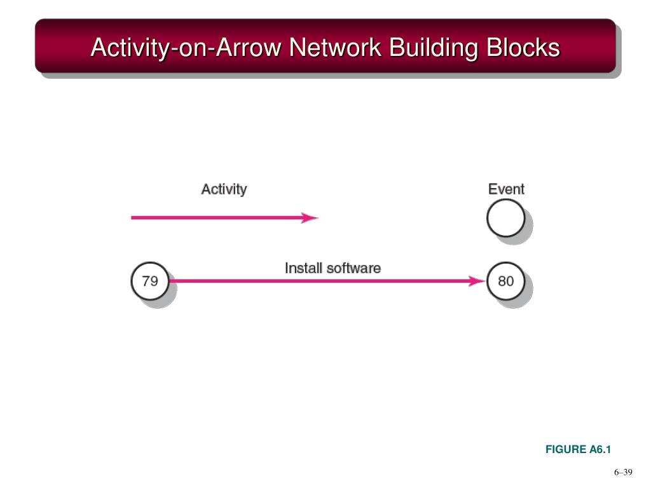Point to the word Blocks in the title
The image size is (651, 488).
(x=523, y=48)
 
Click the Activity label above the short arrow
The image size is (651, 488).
(x=224, y=189)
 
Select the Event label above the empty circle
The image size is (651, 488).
(x=506, y=189)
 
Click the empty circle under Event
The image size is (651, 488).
(x=505, y=218)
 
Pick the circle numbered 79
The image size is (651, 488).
(x=150, y=281)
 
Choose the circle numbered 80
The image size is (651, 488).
(x=505, y=281)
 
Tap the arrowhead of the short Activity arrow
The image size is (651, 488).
(x=310, y=218)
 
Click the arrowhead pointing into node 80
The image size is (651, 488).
(x=476, y=281)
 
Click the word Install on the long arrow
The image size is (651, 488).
(x=304, y=268)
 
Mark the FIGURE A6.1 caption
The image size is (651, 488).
(x=577, y=450)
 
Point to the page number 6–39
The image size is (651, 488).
(x=623, y=472)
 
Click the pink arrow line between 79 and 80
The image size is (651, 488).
(x=318, y=281)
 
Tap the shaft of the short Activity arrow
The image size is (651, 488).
(x=216, y=218)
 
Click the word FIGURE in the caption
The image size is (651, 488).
(x=566, y=450)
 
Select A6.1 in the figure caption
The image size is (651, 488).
(x=600, y=450)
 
